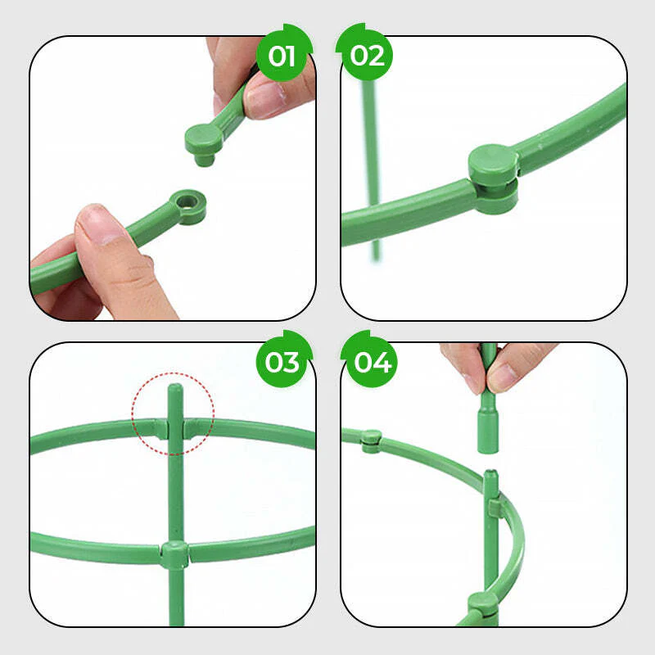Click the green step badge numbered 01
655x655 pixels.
pyautogui.click(x=282, y=56)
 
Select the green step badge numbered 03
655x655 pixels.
pyautogui.click(x=282, y=361)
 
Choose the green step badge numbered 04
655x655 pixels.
pyautogui.click(x=373, y=361)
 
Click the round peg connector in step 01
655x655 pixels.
pyautogui.click(x=202, y=141)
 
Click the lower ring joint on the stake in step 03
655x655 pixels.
pyautogui.click(x=174, y=554)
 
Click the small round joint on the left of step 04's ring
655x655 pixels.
pyautogui.click(x=370, y=440)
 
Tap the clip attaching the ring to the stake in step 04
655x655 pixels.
pyautogui.click(x=493, y=508)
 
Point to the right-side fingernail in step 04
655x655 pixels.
pyautogui.click(x=501, y=376)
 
